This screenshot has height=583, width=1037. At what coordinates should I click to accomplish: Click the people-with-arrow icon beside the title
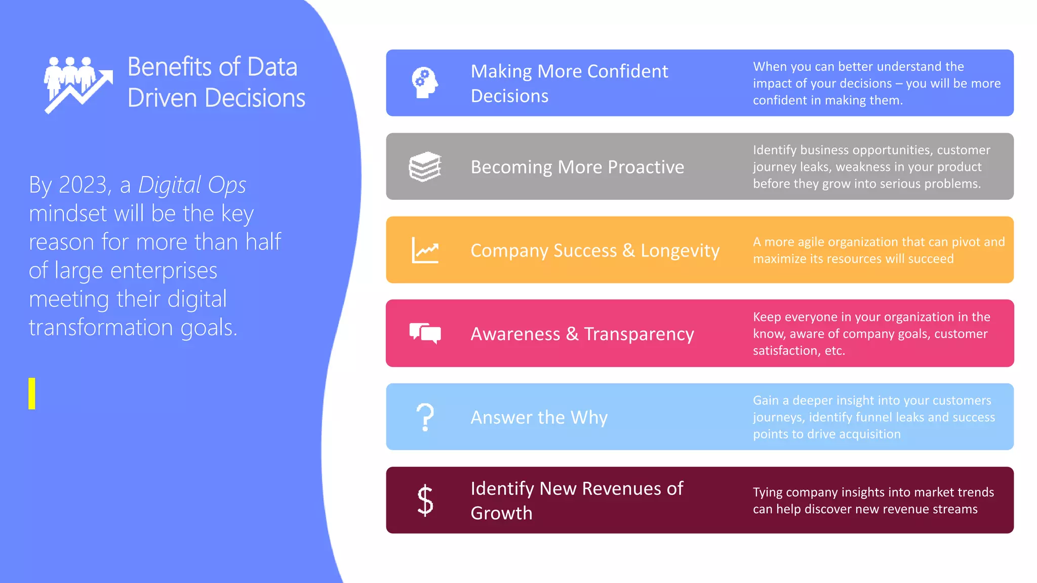coord(78,84)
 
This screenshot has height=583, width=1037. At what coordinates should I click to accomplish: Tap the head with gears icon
coord(424,82)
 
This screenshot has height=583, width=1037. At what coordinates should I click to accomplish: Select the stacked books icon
coord(425,166)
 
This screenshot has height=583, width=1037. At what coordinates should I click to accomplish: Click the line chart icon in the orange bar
coord(425,250)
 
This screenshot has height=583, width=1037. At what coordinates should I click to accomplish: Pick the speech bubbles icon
coord(425,333)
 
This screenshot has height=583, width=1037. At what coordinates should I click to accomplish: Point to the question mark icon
coord(425,417)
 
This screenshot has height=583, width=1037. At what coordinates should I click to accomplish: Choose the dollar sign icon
coord(425,500)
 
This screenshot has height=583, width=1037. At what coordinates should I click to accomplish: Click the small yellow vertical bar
coord(32,393)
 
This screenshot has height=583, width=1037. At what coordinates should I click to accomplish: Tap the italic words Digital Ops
coord(192,185)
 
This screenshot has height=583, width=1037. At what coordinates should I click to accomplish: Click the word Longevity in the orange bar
coord(680,251)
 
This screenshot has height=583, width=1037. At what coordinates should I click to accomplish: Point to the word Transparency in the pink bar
coord(639,334)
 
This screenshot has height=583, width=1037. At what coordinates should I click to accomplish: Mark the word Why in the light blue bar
coord(589,418)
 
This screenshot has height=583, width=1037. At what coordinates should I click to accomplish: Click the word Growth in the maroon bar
coord(501,513)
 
